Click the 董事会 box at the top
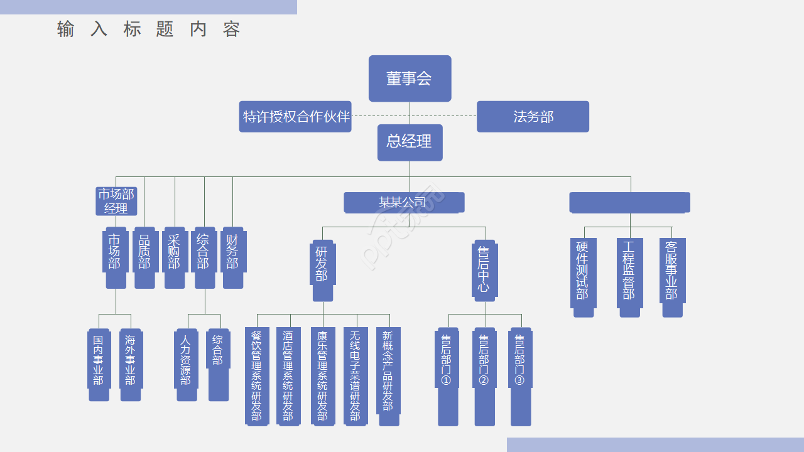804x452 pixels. (x=410, y=78)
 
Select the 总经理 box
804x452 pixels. (x=410, y=142)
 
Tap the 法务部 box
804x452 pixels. (x=533, y=117)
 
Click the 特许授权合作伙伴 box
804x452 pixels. (x=295, y=117)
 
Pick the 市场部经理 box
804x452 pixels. (x=116, y=201)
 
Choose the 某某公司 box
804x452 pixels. (x=404, y=202)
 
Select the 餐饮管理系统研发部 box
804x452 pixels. (x=256, y=376)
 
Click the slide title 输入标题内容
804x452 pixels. (x=149, y=30)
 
